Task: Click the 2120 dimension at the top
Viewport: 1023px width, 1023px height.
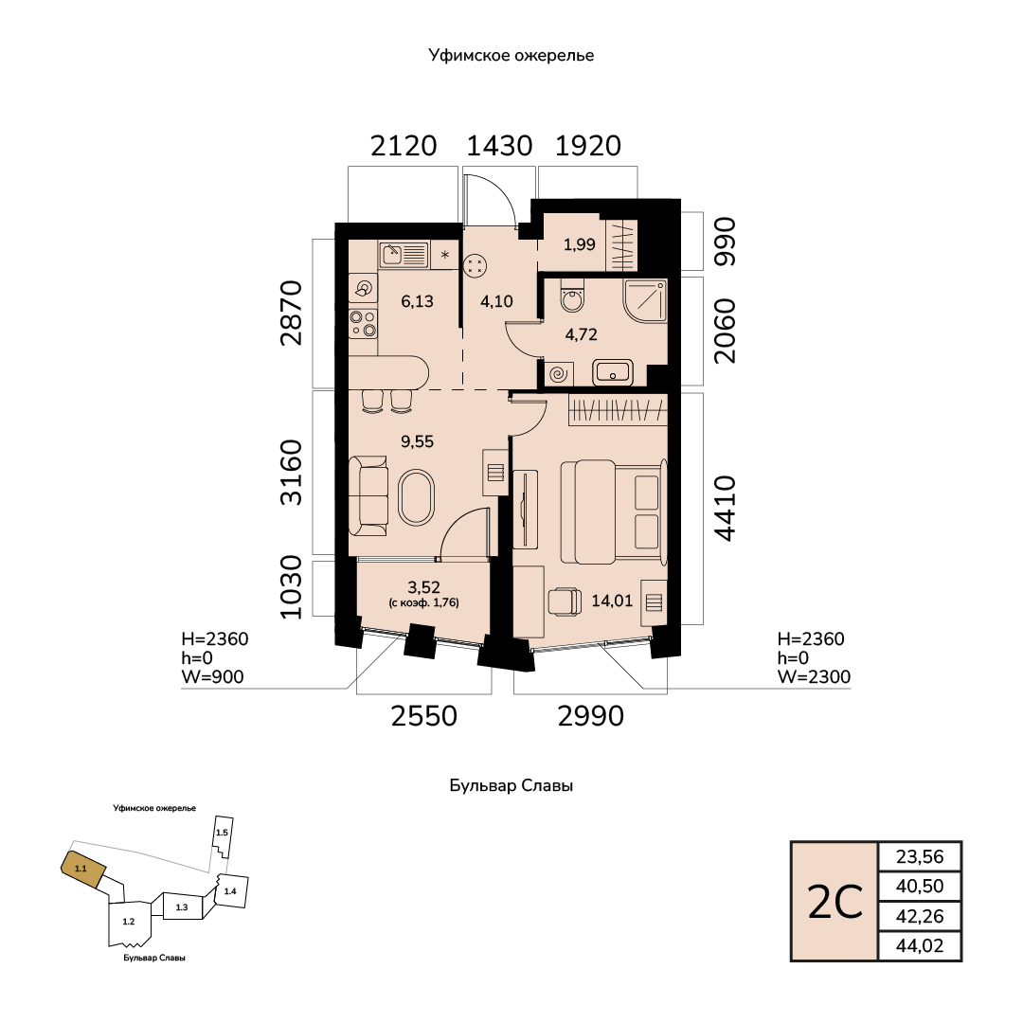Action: click(x=404, y=146)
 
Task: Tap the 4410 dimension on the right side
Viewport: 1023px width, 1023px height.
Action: click(x=725, y=509)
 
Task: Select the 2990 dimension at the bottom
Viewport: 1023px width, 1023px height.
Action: click(x=590, y=716)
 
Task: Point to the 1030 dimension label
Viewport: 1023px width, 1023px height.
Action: click(x=291, y=586)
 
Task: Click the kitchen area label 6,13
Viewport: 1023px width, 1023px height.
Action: click(x=417, y=301)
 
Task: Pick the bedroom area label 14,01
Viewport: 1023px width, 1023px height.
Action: click(x=612, y=601)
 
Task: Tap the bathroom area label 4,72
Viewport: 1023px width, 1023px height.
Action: click(x=581, y=334)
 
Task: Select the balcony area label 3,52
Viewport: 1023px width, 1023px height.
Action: click(x=423, y=588)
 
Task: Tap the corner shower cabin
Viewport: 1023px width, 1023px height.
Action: click(x=645, y=301)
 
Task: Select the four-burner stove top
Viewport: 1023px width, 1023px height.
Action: click(x=363, y=324)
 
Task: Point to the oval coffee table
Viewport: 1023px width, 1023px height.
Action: click(x=417, y=496)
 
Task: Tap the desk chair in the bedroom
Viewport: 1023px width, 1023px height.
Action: click(x=565, y=601)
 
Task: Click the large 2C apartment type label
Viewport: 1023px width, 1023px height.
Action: click(x=835, y=903)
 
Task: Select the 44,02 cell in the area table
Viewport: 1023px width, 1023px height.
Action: click(x=920, y=946)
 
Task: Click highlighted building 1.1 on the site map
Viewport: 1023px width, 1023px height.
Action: click(x=82, y=869)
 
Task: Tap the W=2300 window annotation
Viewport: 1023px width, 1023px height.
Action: click(x=814, y=677)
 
